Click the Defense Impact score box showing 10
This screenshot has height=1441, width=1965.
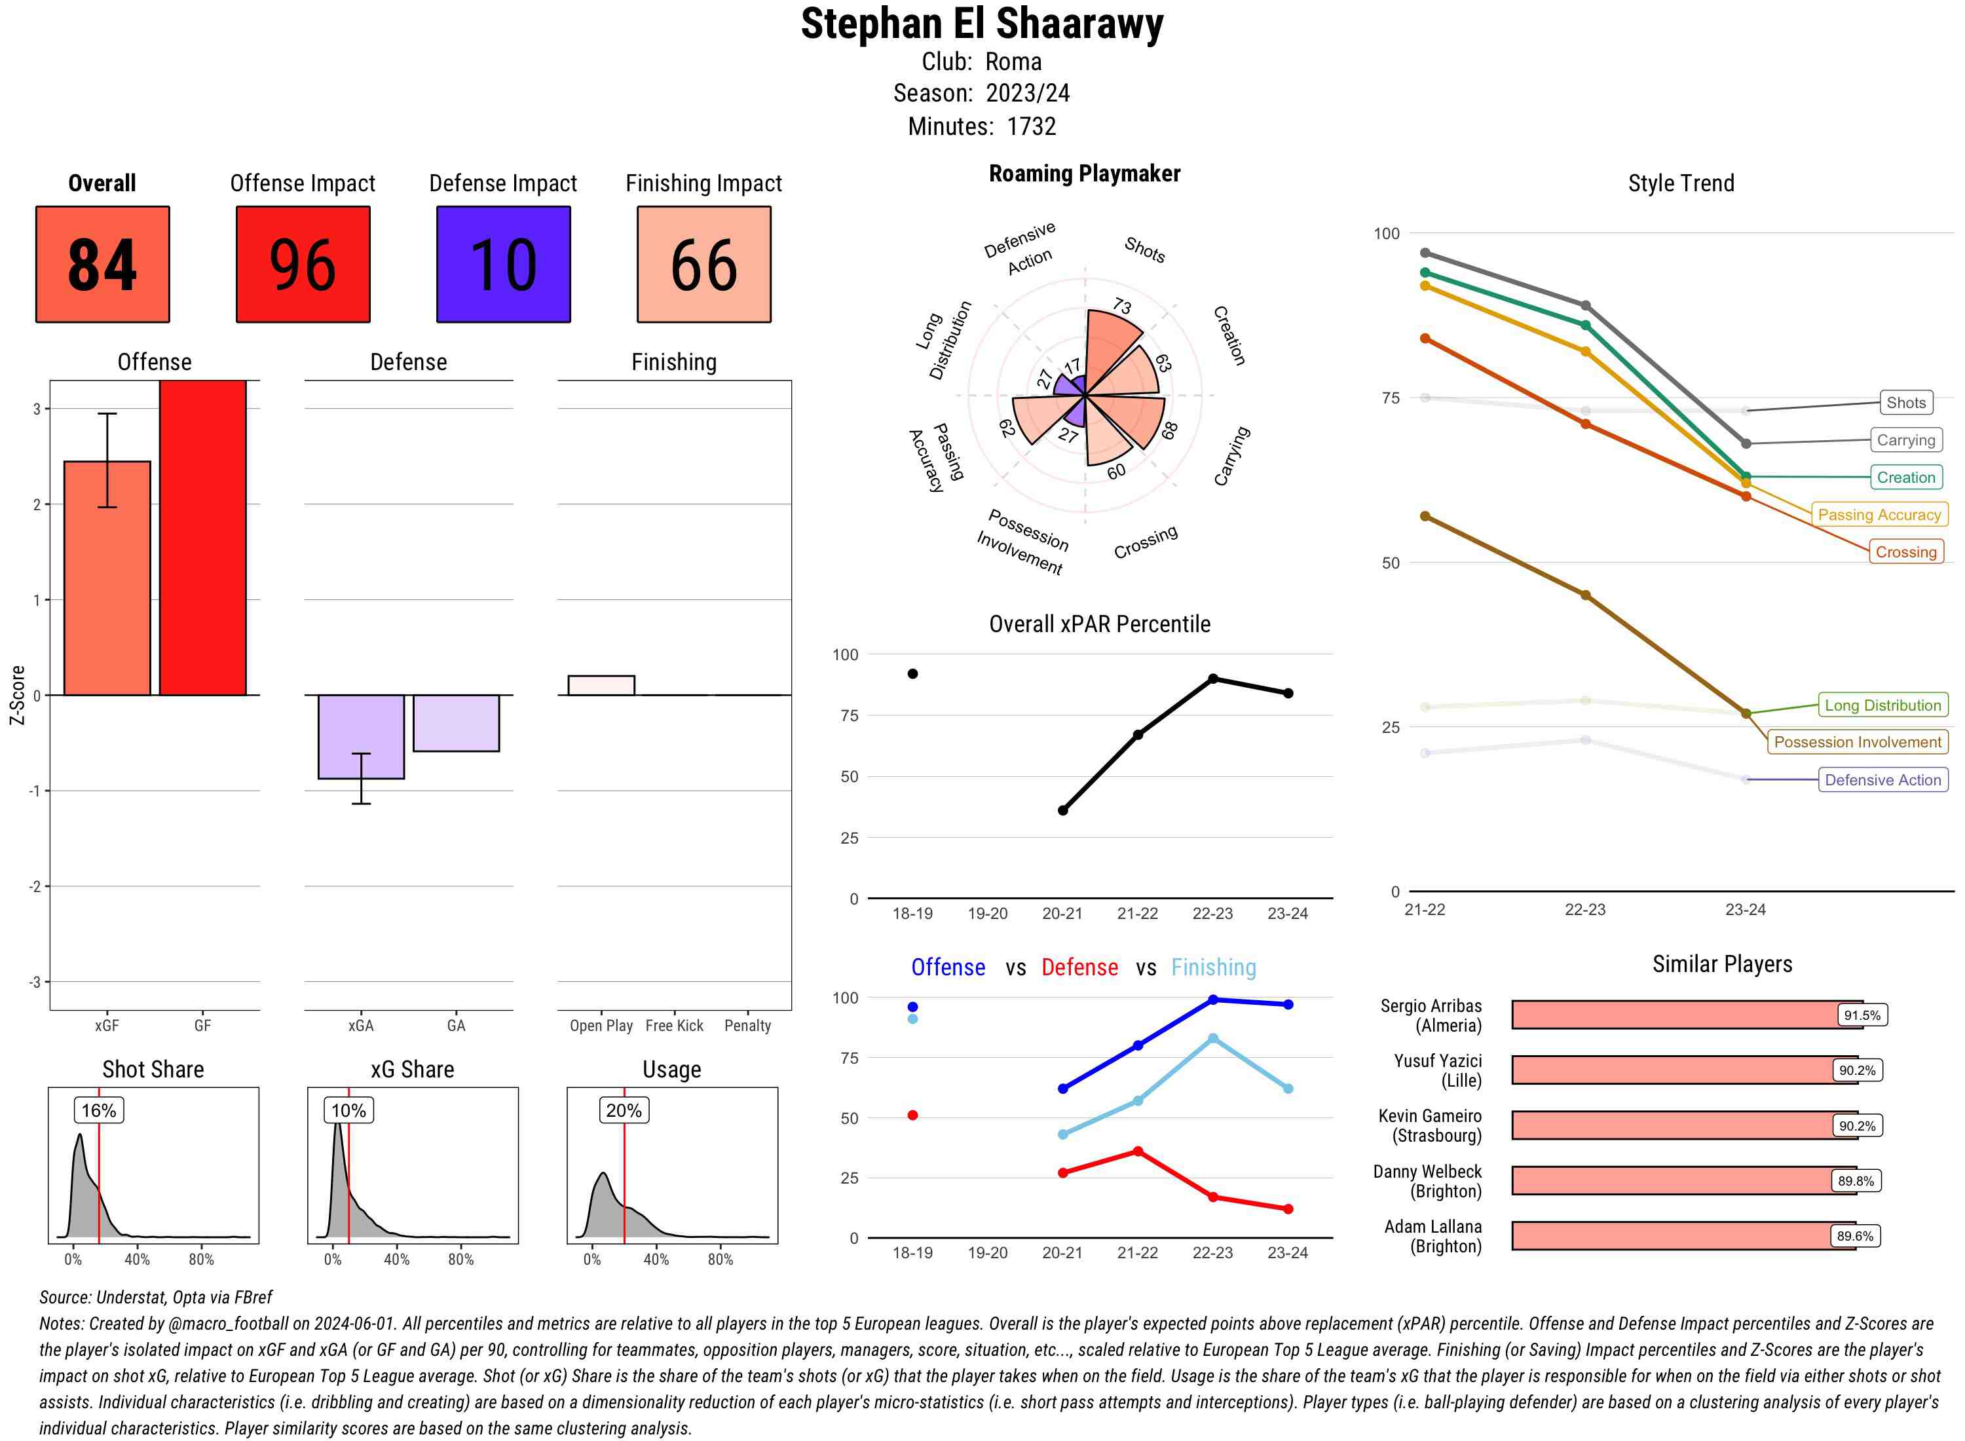[x=503, y=265]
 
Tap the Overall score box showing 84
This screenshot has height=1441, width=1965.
[x=103, y=265]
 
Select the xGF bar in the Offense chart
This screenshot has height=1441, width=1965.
[x=107, y=578]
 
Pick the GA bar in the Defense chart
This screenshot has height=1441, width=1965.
[x=456, y=723]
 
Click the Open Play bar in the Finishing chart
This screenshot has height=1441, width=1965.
[x=601, y=686]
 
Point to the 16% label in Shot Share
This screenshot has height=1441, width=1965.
[x=98, y=1110]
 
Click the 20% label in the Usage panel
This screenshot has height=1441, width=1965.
[x=624, y=1110]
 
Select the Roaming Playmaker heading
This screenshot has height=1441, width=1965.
[x=1084, y=174]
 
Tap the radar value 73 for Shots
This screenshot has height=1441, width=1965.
[x=1121, y=306]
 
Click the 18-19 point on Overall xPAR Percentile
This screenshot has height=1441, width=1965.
[x=912, y=673]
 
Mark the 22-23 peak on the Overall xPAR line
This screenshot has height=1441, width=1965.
[x=1212, y=679]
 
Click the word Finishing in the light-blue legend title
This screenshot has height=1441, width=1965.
[x=1213, y=967]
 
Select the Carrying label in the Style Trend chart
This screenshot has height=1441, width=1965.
[x=1905, y=441]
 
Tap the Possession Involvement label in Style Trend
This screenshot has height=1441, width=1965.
[x=1857, y=742]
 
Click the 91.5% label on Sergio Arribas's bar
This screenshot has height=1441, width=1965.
[x=1862, y=1015]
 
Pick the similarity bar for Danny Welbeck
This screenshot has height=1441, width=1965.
[x=1683, y=1181]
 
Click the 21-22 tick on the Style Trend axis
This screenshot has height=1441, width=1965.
[x=1424, y=909]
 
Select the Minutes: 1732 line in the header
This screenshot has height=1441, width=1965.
[x=982, y=126]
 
